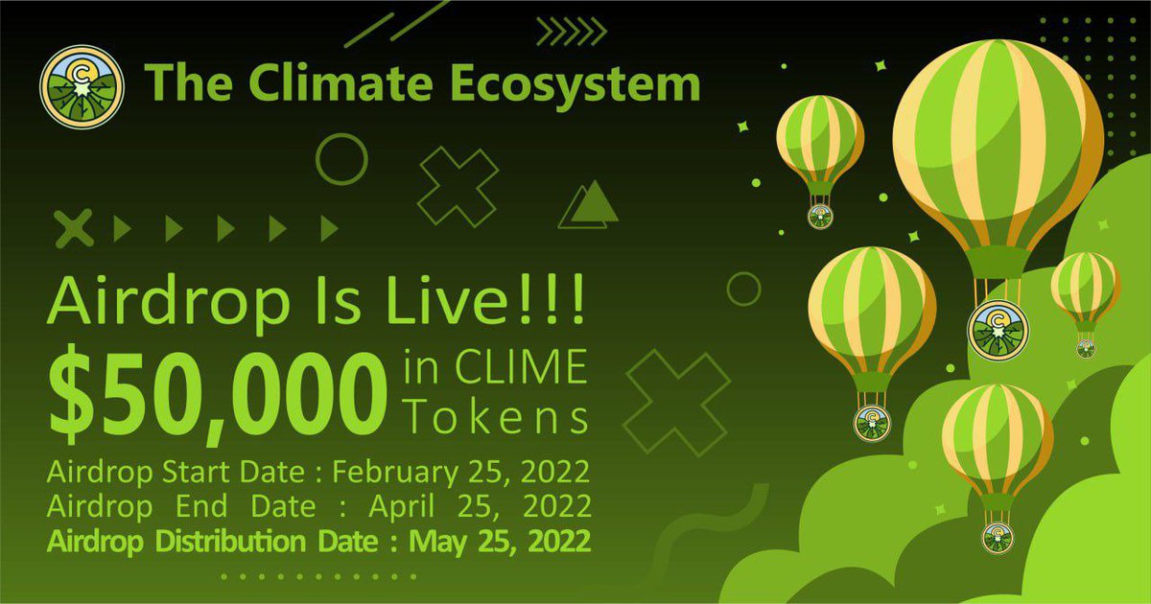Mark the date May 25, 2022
tap(500, 540)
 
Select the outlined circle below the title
tap(341, 158)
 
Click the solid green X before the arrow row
tap(75, 228)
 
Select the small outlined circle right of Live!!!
tap(742, 289)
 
